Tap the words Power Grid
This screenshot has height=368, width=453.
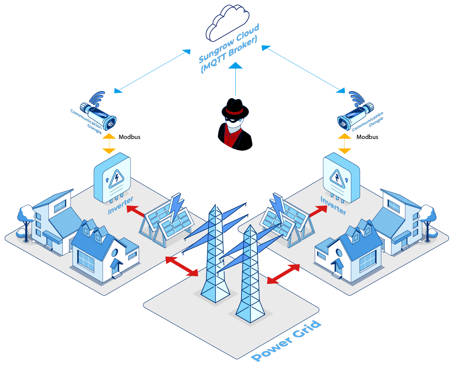[x=287, y=341]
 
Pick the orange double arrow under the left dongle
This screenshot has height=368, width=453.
[x=109, y=144]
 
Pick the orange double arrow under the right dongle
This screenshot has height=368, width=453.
[x=344, y=144]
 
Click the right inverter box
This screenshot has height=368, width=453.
[x=341, y=177]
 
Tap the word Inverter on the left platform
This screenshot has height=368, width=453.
[x=121, y=206]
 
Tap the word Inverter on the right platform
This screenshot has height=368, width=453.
[x=333, y=205]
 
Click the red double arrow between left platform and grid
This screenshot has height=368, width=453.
[x=182, y=267]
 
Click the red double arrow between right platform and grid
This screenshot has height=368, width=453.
[x=283, y=274]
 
